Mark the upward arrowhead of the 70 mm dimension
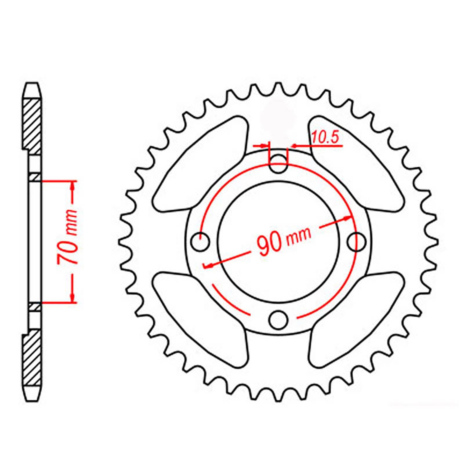[73, 186]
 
